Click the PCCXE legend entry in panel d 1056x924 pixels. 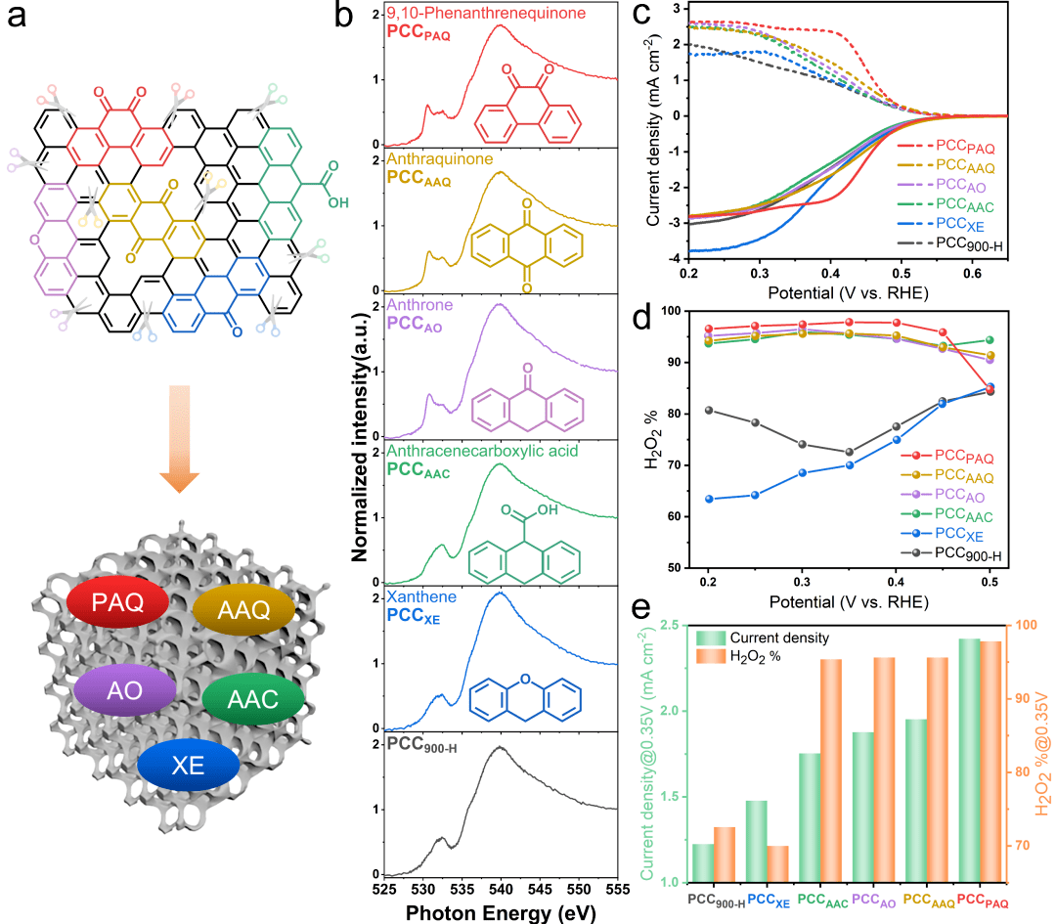tap(952, 534)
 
